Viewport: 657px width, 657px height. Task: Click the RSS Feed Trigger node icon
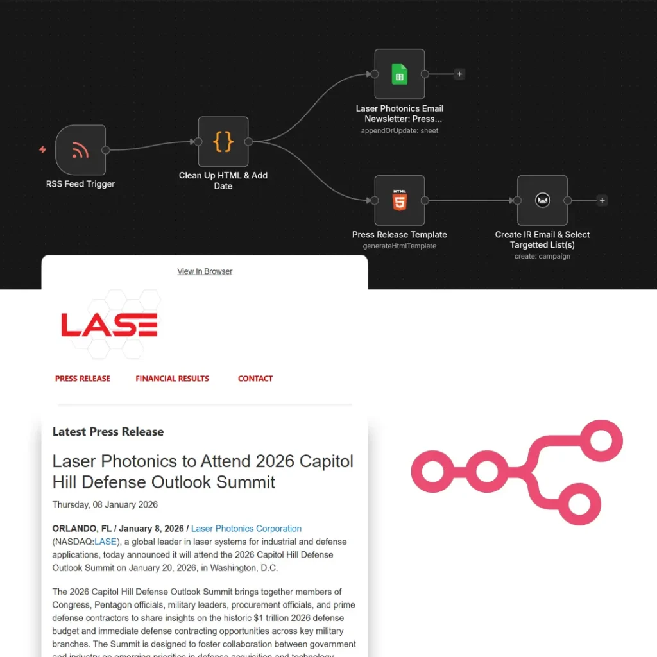click(x=81, y=150)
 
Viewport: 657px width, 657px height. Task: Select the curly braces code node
click(x=223, y=142)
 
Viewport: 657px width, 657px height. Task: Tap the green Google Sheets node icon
click(x=400, y=74)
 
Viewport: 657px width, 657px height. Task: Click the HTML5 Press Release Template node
click(x=400, y=201)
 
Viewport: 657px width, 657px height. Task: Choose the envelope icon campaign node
click(x=543, y=201)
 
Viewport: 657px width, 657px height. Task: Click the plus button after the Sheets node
click(x=459, y=74)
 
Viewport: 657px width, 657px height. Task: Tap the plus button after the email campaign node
click(x=602, y=201)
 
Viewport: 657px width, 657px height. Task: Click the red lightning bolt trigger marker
click(x=43, y=150)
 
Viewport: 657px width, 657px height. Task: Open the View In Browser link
click(x=205, y=271)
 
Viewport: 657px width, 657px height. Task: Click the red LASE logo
click(x=109, y=325)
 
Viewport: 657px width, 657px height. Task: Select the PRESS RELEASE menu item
click(x=83, y=379)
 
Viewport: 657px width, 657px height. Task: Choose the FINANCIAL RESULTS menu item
click(x=172, y=379)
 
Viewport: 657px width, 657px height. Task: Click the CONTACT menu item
click(x=255, y=379)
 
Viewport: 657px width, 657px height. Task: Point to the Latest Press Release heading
click(x=108, y=432)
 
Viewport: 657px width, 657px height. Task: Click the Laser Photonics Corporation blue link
click(x=246, y=529)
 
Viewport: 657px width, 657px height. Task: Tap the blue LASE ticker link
click(x=106, y=542)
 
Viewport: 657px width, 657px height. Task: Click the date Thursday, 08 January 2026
click(x=105, y=504)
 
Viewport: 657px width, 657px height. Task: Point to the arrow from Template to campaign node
click(x=472, y=201)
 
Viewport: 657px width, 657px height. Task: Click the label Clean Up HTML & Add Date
click(x=223, y=180)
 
